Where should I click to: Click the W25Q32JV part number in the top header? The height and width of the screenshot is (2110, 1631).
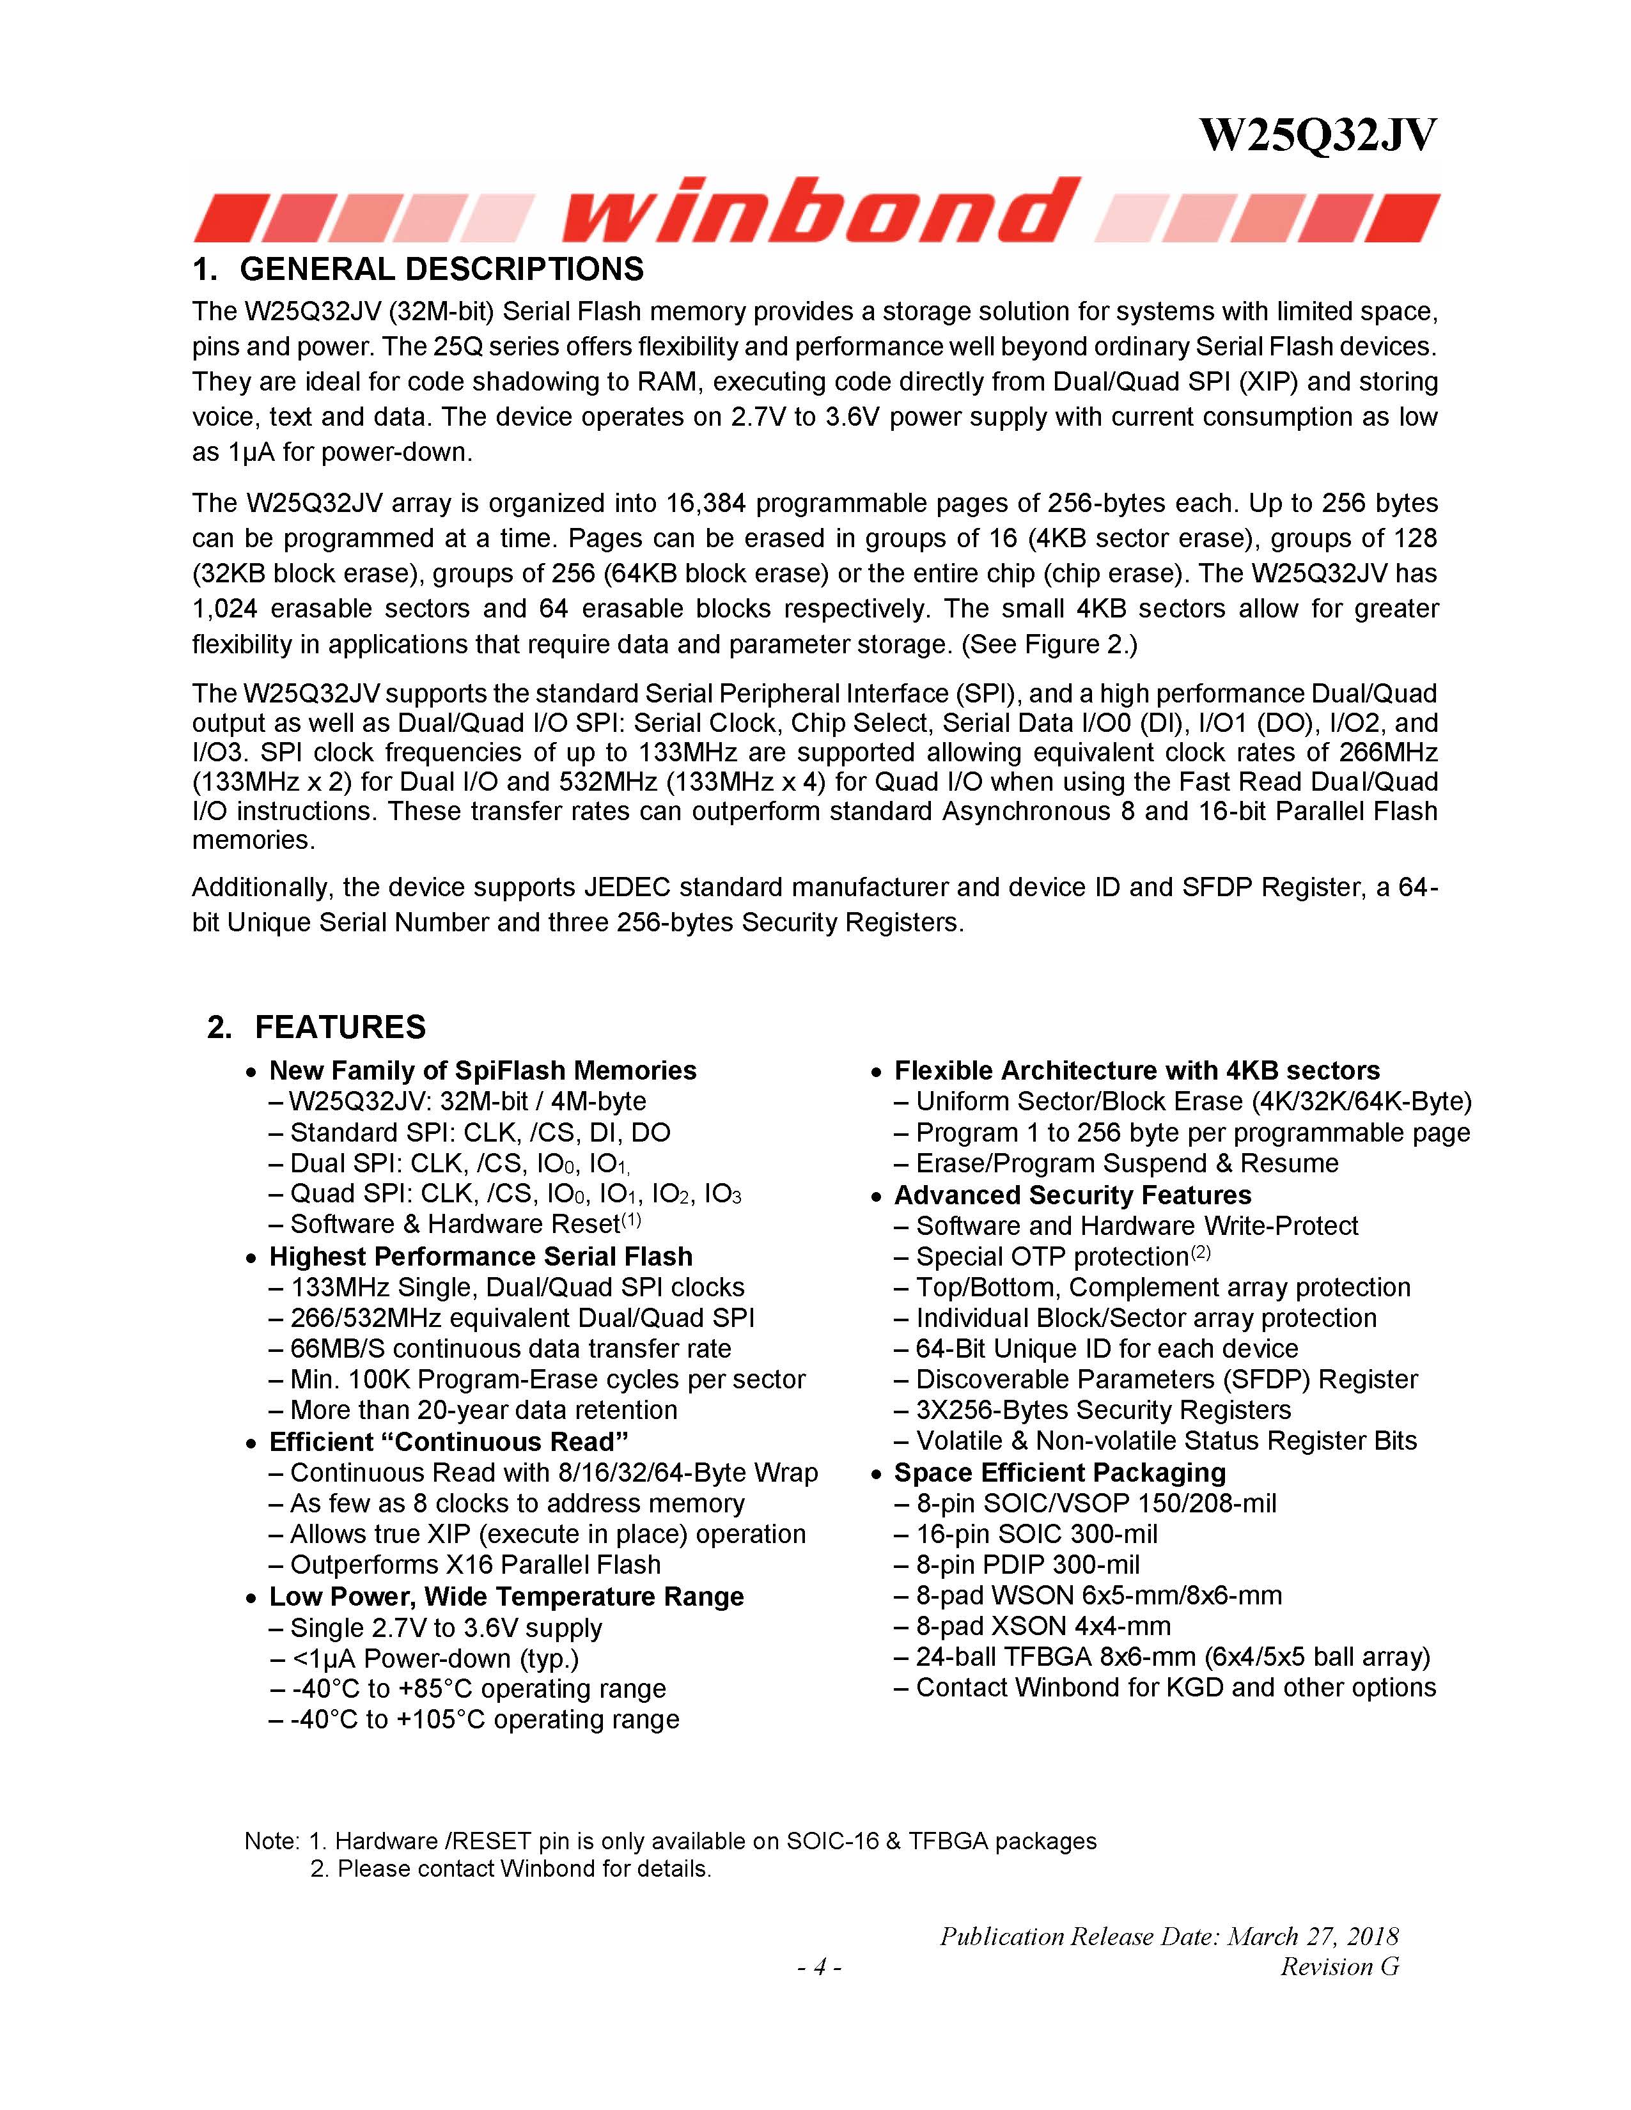click(x=1318, y=136)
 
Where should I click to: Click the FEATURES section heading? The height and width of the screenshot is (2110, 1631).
click(x=339, y=1027)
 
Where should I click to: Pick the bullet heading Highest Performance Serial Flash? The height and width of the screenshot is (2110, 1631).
click(x=480, y=1256)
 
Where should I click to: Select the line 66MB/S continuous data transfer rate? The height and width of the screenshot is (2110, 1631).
click(x=510, y=1349)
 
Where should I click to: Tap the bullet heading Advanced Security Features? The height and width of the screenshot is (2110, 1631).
click(x=1072, y=1195)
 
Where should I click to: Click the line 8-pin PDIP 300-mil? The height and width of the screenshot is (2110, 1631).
click(x=1027, y=1565)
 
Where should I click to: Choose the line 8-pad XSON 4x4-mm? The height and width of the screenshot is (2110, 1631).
click(x=1043, y=1627)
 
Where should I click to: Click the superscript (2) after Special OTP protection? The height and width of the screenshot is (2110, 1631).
click(x=1200, y=1253)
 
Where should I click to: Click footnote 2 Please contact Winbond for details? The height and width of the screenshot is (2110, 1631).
click(x=511, y=1868)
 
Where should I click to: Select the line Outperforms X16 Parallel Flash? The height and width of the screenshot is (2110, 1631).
click(x=476, y=1565)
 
